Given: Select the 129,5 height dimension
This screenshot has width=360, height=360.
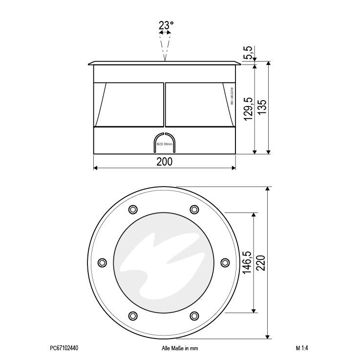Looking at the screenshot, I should pos(248,110).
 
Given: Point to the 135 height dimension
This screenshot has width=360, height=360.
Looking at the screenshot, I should pos(262,107).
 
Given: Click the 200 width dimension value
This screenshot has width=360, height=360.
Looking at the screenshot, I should pos(165,162).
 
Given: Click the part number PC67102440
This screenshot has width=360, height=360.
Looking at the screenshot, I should pos(64,349).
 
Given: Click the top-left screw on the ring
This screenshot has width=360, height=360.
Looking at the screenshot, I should pos(132,210).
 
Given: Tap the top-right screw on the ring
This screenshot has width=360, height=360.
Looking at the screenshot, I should pos(194,210).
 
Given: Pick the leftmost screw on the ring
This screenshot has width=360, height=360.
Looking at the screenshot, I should pos(102,262).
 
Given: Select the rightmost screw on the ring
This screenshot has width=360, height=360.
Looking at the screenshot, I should pos(225,262).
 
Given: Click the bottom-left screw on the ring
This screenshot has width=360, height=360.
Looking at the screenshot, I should pos(132,315).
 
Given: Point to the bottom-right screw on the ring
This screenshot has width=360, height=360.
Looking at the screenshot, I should pos(194,315).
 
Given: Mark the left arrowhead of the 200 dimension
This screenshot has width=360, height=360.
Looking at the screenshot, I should pos(95,169).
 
